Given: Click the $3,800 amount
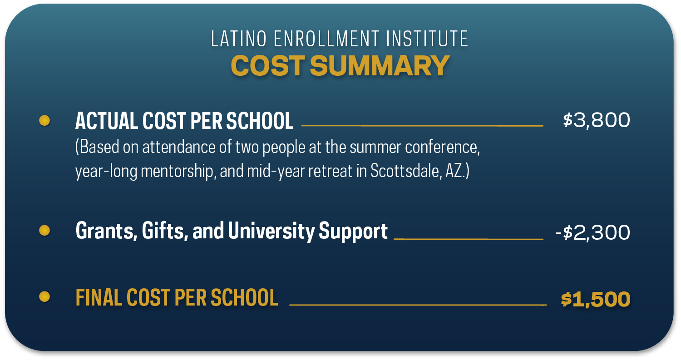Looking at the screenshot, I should point(596,120).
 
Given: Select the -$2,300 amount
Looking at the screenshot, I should point(592,233).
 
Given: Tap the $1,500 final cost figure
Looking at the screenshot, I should point(596,300).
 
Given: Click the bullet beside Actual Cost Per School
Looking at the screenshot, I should point(44,120).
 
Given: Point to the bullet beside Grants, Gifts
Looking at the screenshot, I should point(44,231).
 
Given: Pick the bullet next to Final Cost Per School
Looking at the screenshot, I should point(44,297).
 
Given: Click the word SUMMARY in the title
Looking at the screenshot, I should point(380,66).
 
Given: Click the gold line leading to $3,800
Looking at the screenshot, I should point(422,125).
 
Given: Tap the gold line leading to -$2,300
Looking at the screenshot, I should point(468,238).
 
